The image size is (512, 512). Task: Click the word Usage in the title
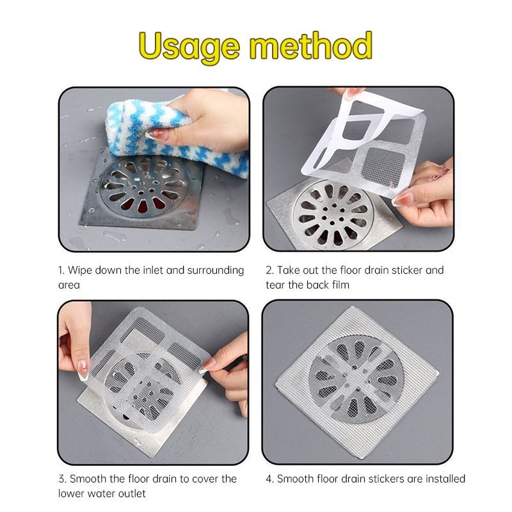(x=189, y=47)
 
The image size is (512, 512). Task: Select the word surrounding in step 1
(x=216, y=271)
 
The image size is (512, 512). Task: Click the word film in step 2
(x=340, y=285)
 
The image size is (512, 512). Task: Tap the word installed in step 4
(x=445, y=479)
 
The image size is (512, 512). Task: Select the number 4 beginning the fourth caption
(x=269, y=479)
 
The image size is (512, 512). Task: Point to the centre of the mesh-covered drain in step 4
(x=356, y=379)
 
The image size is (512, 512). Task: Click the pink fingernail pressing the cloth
(x=154, y=133)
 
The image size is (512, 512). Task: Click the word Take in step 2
(x=289, y=270)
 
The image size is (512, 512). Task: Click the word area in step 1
(x=69, y=285)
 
